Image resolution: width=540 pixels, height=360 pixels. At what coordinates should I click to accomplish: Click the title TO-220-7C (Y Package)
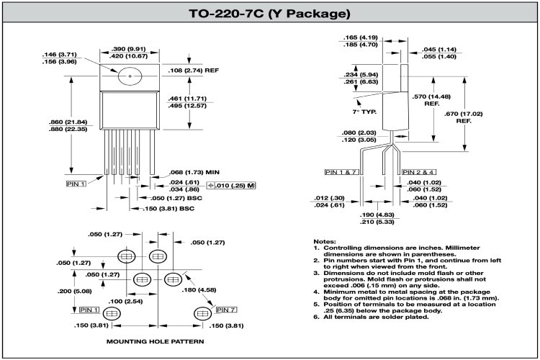point(269,13)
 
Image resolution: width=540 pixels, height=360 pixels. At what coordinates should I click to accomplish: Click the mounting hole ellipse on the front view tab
point(130,75)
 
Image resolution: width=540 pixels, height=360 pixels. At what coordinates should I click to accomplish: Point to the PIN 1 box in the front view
point(76,184)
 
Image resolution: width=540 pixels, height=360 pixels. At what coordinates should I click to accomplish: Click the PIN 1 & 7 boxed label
point(342,173)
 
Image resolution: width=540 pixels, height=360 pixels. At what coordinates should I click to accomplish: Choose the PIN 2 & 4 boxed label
point(418,173)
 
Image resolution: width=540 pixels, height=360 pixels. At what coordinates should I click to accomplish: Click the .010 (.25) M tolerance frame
point(231,186)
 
